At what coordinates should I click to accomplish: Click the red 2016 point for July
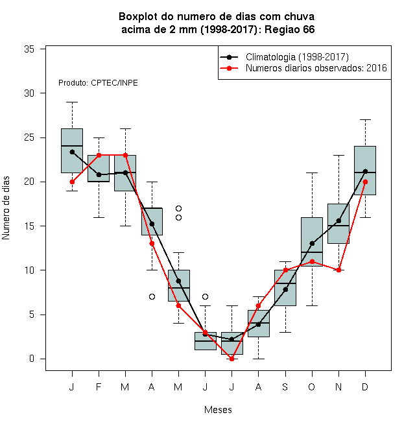click(231, 359)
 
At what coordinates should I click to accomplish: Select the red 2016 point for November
click(338, 270)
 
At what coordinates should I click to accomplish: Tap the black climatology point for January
click(72, 152)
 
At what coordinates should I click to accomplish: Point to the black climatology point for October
click(312, 243)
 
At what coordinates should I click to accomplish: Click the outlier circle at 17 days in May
click(178, 209)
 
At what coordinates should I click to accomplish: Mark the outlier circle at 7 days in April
click(152, 297)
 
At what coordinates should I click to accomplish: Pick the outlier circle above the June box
click(206, 297)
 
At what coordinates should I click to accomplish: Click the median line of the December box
click(365, 172)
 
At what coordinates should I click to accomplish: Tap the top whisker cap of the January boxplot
click(72, 102)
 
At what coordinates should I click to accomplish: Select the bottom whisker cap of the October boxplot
click(312, 305)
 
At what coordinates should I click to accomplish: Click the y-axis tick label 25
click(29, 137)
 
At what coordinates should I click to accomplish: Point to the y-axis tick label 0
click(32, 359)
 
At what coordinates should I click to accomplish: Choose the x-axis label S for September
click(285, 386)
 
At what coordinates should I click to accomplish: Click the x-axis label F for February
click(99, 386)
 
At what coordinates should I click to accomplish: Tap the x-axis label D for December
click(365, 386)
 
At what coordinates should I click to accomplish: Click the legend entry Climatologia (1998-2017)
click(297, 57)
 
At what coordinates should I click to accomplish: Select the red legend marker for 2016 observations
click(229, 68)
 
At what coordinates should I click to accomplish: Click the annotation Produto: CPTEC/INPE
click(98, 83)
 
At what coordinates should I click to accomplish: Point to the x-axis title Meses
click(218, 410)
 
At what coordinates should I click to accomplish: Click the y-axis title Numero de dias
click(6, 208)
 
